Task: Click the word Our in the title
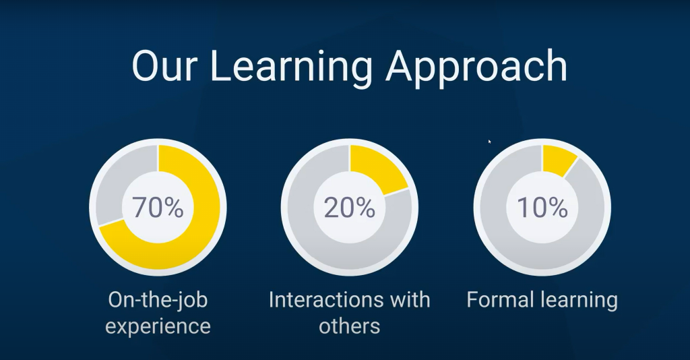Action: (162, 66)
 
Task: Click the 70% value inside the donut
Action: (158, 207)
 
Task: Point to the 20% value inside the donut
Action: (350, 207)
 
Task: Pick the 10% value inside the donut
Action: (542, 207)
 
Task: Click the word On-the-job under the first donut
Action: (158, 301)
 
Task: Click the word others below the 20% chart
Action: (350, 326)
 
